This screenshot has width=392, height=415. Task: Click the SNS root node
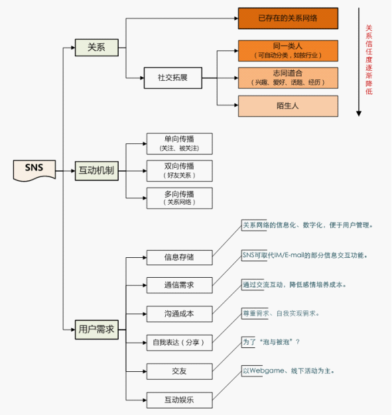(x=34, y=169)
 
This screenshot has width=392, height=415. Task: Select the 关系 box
(x=97, y=47)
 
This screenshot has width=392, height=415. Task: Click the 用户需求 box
(x=97, y=329)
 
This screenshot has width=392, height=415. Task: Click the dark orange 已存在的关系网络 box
(x=288, y=18)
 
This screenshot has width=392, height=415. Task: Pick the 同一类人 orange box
(x=288, y=50)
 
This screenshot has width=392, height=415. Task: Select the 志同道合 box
(x=288, y=78)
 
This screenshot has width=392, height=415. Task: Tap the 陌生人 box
(x=288, y=105)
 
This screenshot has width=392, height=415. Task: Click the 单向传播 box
(x=179, y=143)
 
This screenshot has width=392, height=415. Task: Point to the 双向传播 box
(x=179, y=170)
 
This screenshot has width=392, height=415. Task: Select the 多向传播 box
(x=179, y=198)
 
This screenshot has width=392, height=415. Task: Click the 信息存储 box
(x=179, y=257)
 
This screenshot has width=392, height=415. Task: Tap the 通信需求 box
(x=179, y=285)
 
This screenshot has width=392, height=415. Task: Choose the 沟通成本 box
(x=179, y=314)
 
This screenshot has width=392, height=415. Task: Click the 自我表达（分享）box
(x=179, y=343)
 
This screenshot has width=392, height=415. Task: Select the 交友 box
(x=179, y=371)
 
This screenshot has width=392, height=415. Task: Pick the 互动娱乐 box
(x=179, y=400)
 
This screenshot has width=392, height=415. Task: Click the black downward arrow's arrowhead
(x=359, y=113)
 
